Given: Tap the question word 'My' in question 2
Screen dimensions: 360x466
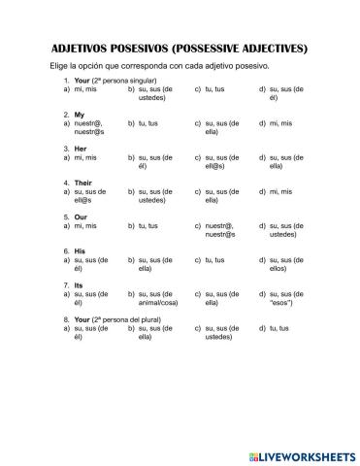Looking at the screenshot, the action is coord(79,115).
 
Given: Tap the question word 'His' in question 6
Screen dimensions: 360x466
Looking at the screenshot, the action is coord(80,250).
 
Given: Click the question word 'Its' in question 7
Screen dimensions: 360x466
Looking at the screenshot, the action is coord(79,284).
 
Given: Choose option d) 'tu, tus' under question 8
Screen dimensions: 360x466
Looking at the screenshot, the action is coord(278,327).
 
